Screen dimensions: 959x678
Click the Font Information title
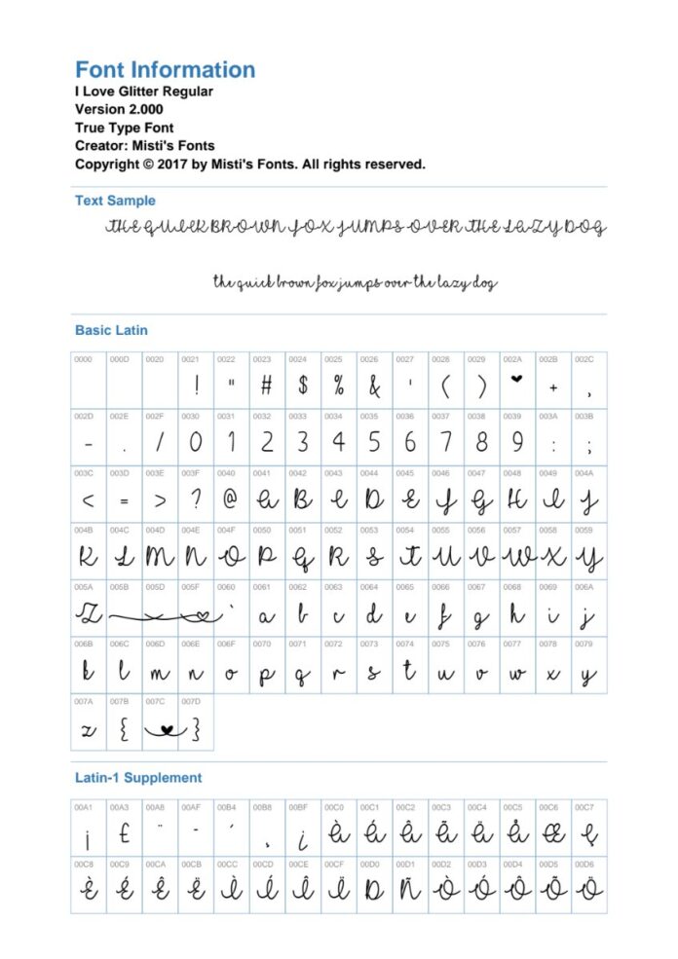pyautogui.click(x=166, y=70)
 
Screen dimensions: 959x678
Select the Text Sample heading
pyautogui.click(x=115, y=201)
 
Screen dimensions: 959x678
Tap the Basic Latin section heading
pyautogui.click(x=111, y=330)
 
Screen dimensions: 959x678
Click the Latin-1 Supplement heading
pyautogui.click(x=138, y=778)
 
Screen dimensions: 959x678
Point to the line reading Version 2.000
pyautogui.click(x=119, y=109)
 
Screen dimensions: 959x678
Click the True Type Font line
pyautogui.click(x=125, y=128)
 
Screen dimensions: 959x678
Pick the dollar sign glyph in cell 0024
pyautogui.click(x=303, y=386)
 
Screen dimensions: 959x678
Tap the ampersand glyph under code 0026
pyautogui.click(x=374, y=387)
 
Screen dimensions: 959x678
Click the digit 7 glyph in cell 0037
pyautogui.click(x=445, y=443)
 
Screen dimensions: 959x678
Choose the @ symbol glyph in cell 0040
pyautogui.click(x=231, y=500)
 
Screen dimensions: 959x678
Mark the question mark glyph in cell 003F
pyautogui.click(x=195, y=500)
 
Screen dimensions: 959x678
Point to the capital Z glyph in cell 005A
pyautogui.click(x=89, y=615)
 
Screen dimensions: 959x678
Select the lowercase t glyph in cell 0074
pyautogui.click(x=410, y=672)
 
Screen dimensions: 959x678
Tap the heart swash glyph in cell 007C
pyautogui.click(x=161, y=729)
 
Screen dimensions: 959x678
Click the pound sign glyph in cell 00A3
pyautogui.click(x=124, y=835)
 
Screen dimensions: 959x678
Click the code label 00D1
pyautogui.click(x=405, y=863)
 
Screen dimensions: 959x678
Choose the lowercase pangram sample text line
pyautogui.click(x=356, y=283)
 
